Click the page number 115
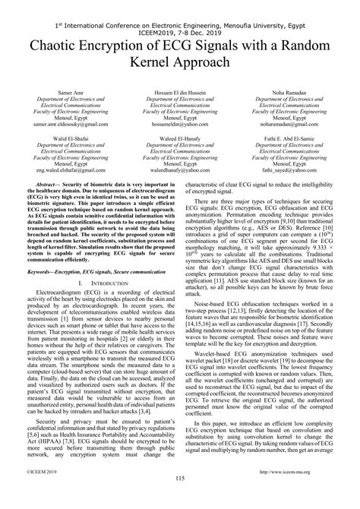point(180,498)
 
